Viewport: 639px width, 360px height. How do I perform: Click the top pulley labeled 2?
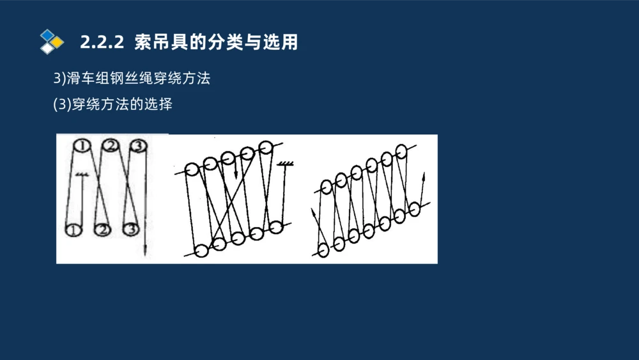110,146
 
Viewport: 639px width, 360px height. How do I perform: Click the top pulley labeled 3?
137,146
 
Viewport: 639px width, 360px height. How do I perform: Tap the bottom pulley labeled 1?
74,228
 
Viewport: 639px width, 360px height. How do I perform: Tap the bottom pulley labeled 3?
131,228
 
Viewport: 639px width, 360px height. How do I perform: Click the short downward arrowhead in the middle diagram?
236,173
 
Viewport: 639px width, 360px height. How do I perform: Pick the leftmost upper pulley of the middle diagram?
191,169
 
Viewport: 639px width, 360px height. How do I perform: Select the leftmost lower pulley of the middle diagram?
201,251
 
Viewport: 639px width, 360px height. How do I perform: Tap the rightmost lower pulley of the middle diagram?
275,226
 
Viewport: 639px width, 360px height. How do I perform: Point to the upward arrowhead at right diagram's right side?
424,173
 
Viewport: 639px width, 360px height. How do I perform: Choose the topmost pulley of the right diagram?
401,151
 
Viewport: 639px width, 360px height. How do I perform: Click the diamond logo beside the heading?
51,42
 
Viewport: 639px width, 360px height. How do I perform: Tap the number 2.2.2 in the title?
102,43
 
